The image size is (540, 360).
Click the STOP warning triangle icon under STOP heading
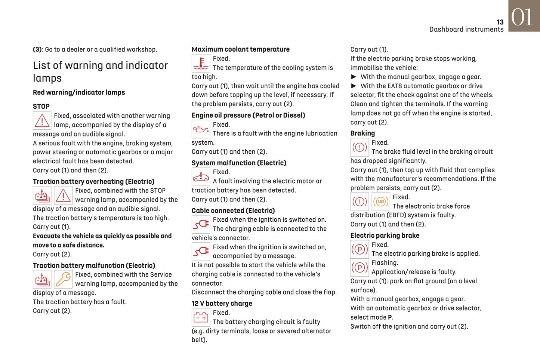(x=42, y=121)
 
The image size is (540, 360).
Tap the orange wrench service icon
(x=63, y=279)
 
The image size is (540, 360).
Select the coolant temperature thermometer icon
(x=201, y=63)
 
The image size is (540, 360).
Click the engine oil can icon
(x=201, y=129)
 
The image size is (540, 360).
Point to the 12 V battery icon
(x=201, y=317)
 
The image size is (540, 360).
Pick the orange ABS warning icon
(x=380, y=202)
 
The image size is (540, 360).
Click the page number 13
(x=500, y=22)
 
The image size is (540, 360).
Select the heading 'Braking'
(x=362, y=133)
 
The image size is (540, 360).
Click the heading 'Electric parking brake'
(x=385, y=236)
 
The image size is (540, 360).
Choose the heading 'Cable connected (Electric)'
(x=233, y=211)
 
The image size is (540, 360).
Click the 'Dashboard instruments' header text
(x=466, y=30)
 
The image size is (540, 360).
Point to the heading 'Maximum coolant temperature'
(x=240, y=49)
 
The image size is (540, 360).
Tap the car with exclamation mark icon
(x=201, y=177)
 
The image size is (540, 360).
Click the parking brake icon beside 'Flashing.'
(x=360, y=267)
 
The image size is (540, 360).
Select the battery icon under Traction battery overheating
(x=42, y=196)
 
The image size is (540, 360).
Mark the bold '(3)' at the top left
(x=37, y=49)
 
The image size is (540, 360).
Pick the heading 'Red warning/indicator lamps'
(x=79, y=92)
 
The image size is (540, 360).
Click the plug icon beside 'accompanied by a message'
(x=201, y=252)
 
